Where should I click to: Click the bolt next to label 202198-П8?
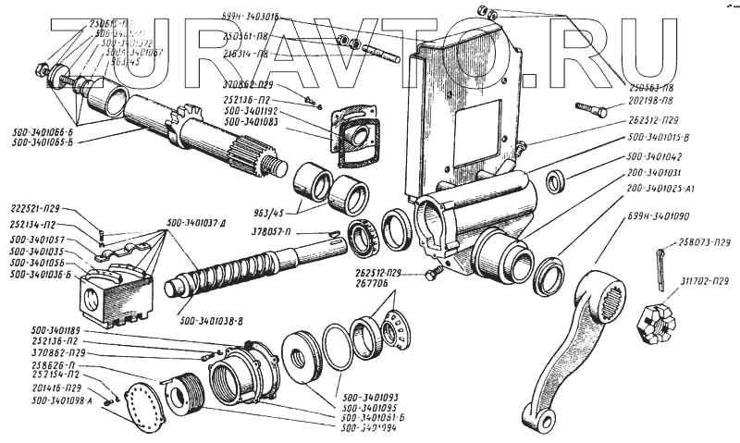click(590, 110)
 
